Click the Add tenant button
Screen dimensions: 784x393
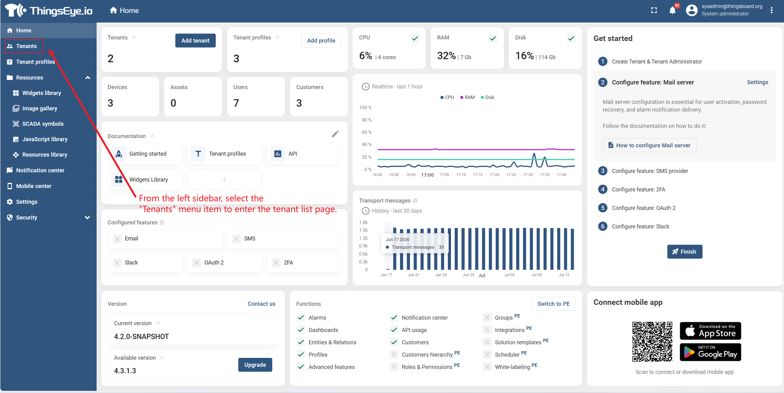click(x=195, y=40)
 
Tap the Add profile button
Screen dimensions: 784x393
click(x=321, y=40)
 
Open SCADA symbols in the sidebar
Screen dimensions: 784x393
click(x=43, y=124)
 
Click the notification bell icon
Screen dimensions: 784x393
click(x=672, y=10)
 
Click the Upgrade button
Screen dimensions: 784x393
click(x=255, y=365)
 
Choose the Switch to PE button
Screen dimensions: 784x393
click(x=553, y=304)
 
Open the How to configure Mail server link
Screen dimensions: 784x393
click(x=649, y=145)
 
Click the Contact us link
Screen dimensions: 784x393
click(x=261, y=304)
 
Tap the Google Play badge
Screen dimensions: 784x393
click(x=710, y=352)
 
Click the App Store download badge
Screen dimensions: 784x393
click(x=710, y=331)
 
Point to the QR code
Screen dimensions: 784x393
click(x=652, y=342)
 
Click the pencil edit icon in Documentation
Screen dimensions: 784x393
click(x=335, y=134)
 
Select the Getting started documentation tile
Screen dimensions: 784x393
click(x=145, y=154)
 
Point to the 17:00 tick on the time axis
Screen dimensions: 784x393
click(x=427, y=175)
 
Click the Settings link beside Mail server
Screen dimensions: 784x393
click(x=757, y=82)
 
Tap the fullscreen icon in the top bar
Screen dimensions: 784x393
click(x=654, y=10)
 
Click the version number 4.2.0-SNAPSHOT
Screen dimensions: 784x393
click(x=141, y=336)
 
